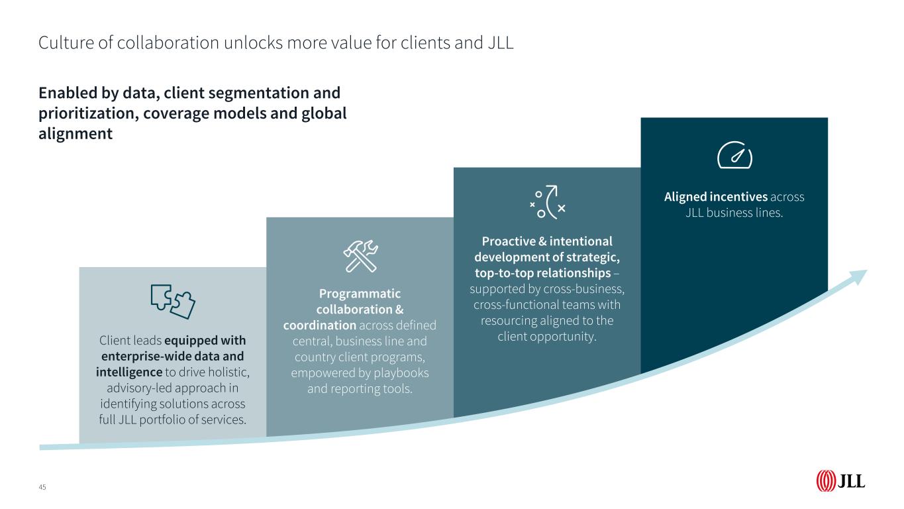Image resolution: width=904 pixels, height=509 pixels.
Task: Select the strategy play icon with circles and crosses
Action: (548, 201)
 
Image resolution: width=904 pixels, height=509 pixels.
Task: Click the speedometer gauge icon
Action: (735, 155)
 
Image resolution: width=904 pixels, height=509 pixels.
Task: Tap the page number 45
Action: (42, 487)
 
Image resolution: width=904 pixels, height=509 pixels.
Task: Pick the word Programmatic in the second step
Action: (360, 293)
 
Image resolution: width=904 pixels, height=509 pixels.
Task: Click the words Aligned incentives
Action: (716, 197)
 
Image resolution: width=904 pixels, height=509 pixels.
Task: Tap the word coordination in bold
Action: (320, 325)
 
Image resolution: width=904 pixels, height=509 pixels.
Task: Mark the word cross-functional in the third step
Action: (525, 305)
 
